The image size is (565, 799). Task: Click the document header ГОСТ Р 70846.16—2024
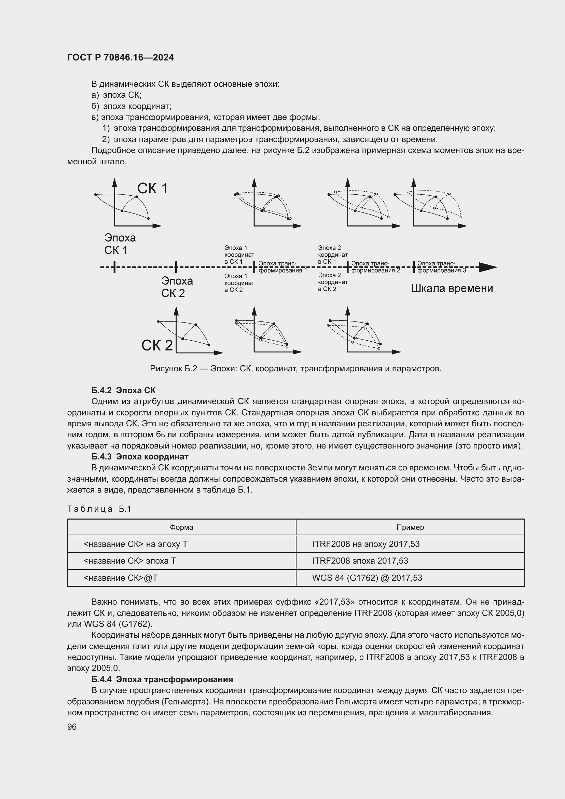(x=120, y=58)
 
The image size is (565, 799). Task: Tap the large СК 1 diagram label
(x=152, y=189)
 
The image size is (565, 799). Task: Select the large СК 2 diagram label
(x=157, y=345)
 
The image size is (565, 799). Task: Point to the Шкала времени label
(x=452, y=289)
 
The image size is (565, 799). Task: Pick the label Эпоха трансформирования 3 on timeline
(x=441, y=267)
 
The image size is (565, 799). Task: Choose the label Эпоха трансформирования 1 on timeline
(x=282, y=267)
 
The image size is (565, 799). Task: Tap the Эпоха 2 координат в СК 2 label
(x=332, y=282)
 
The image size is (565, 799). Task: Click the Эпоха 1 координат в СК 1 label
(x=239, y=255)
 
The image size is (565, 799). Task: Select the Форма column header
(x=181, y=527)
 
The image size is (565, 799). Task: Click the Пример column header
(x=410, y=527)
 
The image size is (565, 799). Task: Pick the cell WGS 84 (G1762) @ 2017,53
(x=367, y=578)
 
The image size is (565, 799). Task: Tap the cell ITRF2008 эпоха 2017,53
(x=360, y=561)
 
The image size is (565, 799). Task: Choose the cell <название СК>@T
(x=120, y=578)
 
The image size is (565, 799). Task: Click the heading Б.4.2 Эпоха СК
(x=123, y=390)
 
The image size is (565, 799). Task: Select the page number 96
(x=72, y=727)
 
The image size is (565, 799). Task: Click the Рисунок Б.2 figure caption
(x=295, y=369)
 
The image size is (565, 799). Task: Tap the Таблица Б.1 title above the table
(x=99, y=509)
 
